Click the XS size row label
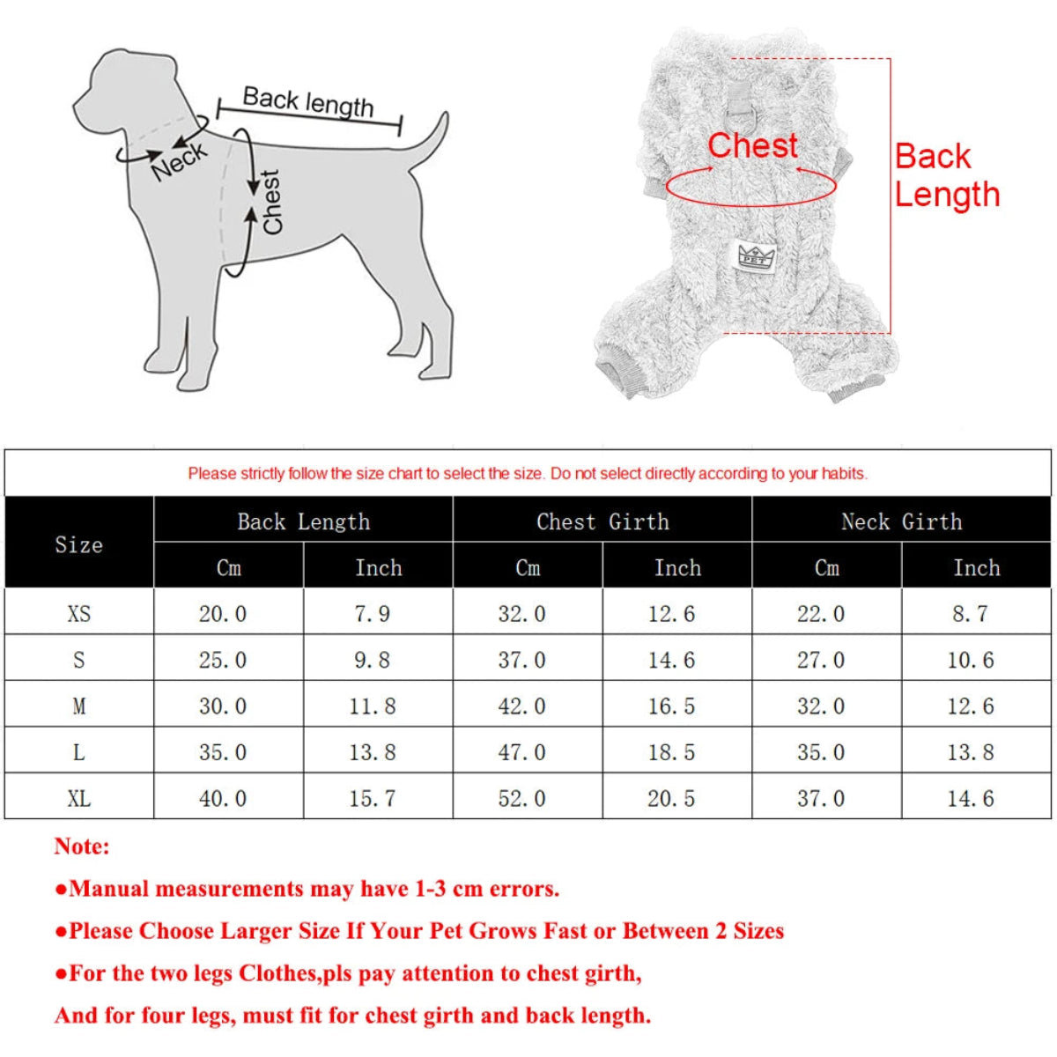click(79, 614)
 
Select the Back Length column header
click(303, 521)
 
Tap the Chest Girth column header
click(602, 521)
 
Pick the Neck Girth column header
click(901, 521)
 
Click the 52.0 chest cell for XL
click(521, 799)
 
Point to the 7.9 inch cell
click(372, 614)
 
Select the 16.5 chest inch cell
click(671, 706)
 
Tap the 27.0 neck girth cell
click(821, 661)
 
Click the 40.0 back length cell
click(222, 799)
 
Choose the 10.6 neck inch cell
click(970, 661)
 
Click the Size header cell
click(79, 544)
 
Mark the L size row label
click(79, 753)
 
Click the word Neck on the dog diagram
click(179, 160)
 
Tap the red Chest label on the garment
click(752, 145)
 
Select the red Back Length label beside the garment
click(946, 175)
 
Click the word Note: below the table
click(82, 846)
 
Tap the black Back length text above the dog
click(307, 101)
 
